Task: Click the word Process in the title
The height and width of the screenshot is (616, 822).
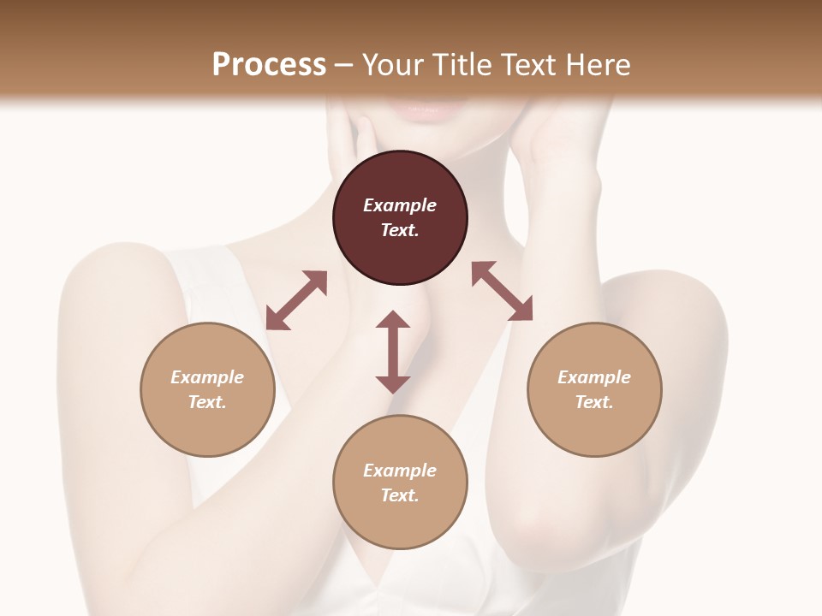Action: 269,64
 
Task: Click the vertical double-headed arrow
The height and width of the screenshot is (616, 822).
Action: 393,352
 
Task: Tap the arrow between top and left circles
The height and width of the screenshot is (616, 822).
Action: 296,300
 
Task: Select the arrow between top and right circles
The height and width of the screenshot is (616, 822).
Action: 503,291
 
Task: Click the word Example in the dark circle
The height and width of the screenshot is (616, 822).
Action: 400,205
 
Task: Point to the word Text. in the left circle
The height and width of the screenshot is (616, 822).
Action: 207,402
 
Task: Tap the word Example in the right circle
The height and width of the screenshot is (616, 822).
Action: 594,377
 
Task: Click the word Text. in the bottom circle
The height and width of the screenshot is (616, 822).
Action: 400,495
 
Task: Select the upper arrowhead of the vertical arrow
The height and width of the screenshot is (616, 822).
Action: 393,320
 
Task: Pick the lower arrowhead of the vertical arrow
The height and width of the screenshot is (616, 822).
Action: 393,383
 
